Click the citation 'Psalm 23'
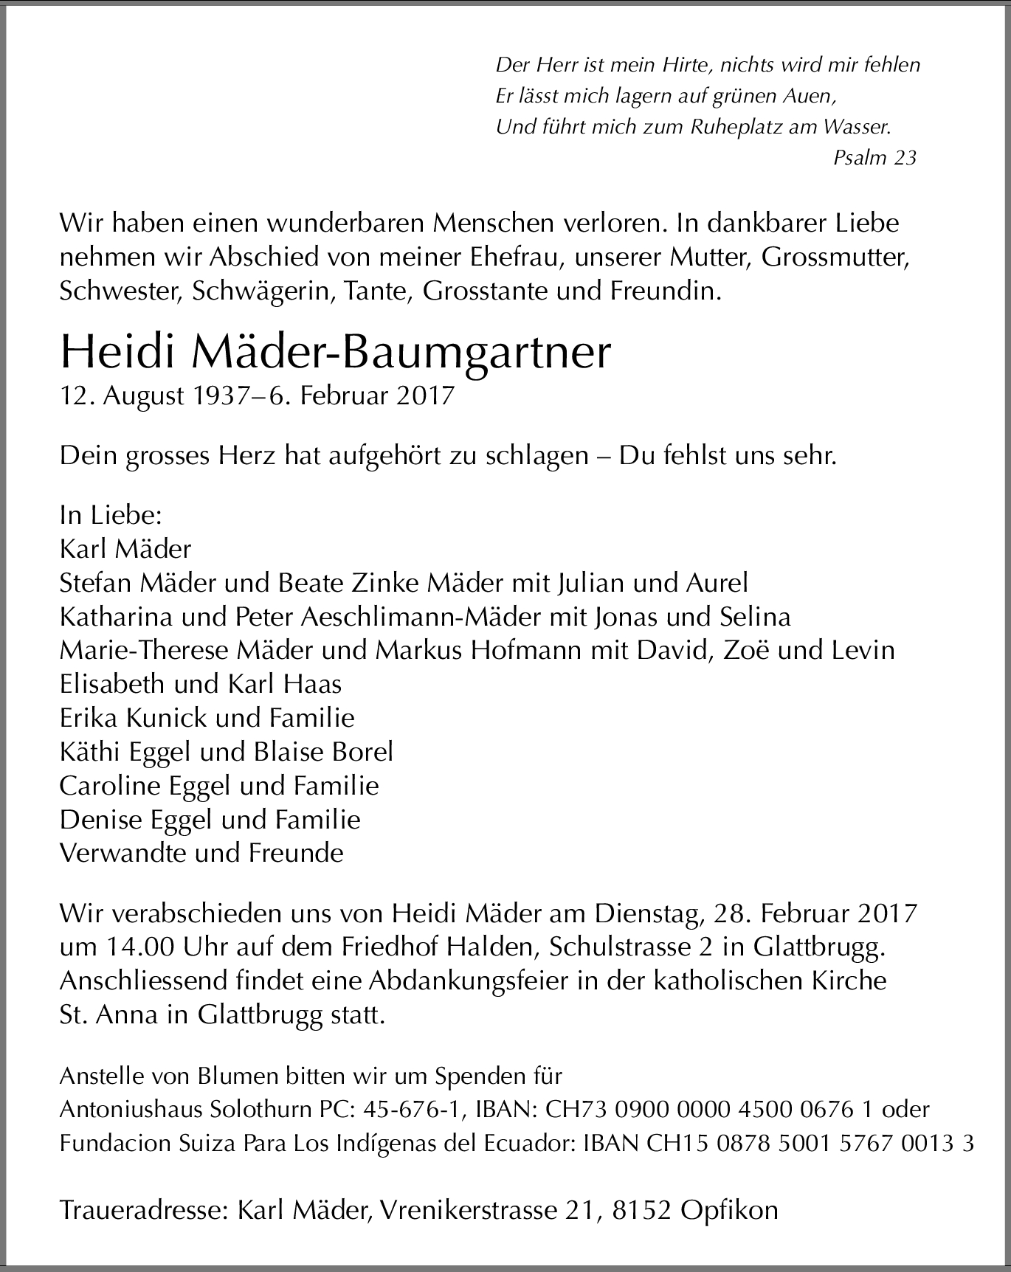[874, 157]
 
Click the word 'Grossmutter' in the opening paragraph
[834, 257]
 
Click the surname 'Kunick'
[165, 718]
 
